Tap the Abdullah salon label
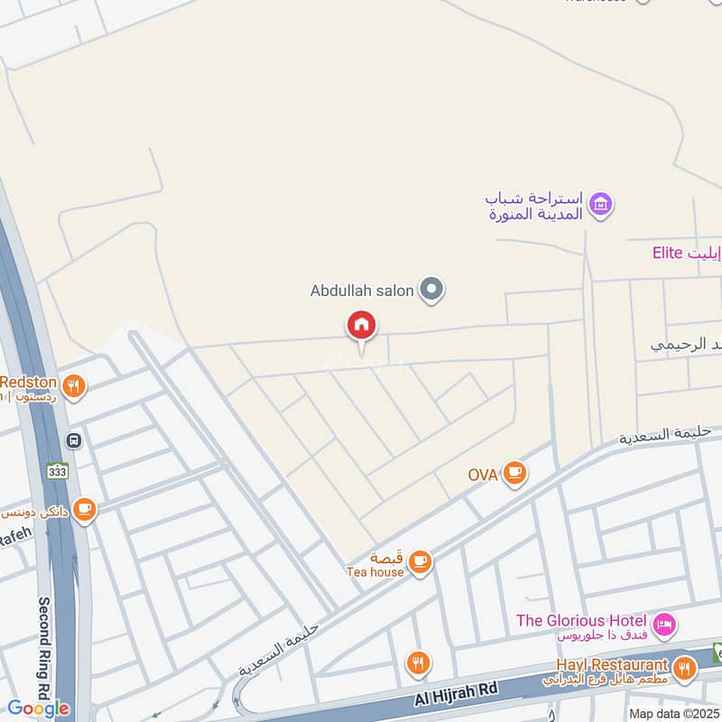362,291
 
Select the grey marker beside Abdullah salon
433,290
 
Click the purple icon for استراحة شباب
600,205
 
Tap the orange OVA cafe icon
514,473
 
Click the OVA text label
483,474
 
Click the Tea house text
375,572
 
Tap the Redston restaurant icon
75,386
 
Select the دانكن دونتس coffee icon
85,511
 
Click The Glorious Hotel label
581,621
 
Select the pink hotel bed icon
663,624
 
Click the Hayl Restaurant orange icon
685,669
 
